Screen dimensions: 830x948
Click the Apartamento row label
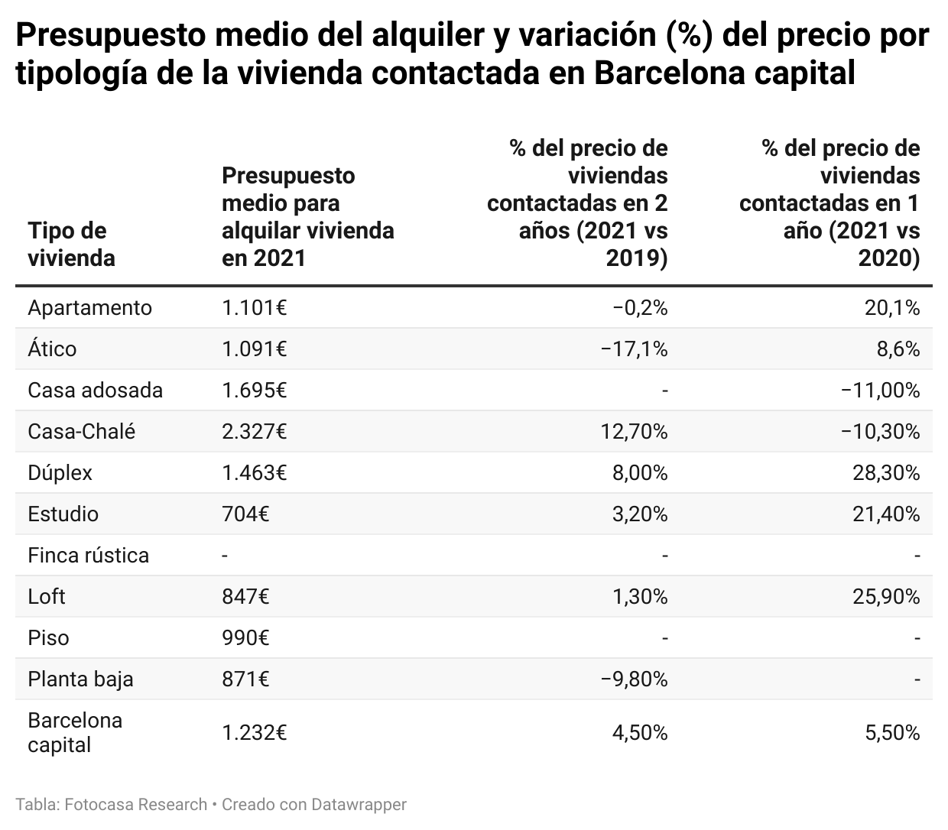click(89, 307)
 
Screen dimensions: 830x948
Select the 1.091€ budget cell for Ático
click(254, 349)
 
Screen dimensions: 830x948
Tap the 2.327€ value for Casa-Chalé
click(254, 431)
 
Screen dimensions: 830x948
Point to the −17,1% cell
click(634, 349)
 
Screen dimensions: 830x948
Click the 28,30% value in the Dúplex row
click(886, 472)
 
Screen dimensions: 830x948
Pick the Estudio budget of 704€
click(245, 514)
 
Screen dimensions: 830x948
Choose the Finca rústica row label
click(88, 555)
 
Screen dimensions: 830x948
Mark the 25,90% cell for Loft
click(886, 596)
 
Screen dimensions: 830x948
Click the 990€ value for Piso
click(245, 637)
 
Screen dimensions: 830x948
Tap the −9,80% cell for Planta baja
click(634, 679)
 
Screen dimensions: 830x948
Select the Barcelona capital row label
click(74, 732)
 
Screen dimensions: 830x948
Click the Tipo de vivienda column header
click(71, 245)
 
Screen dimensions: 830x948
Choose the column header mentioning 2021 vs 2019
click(577, 203)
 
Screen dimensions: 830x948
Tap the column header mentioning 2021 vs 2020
click(829, 203)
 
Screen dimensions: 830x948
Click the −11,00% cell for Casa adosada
click(880, 390)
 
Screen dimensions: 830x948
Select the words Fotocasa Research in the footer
click(136, 804)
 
